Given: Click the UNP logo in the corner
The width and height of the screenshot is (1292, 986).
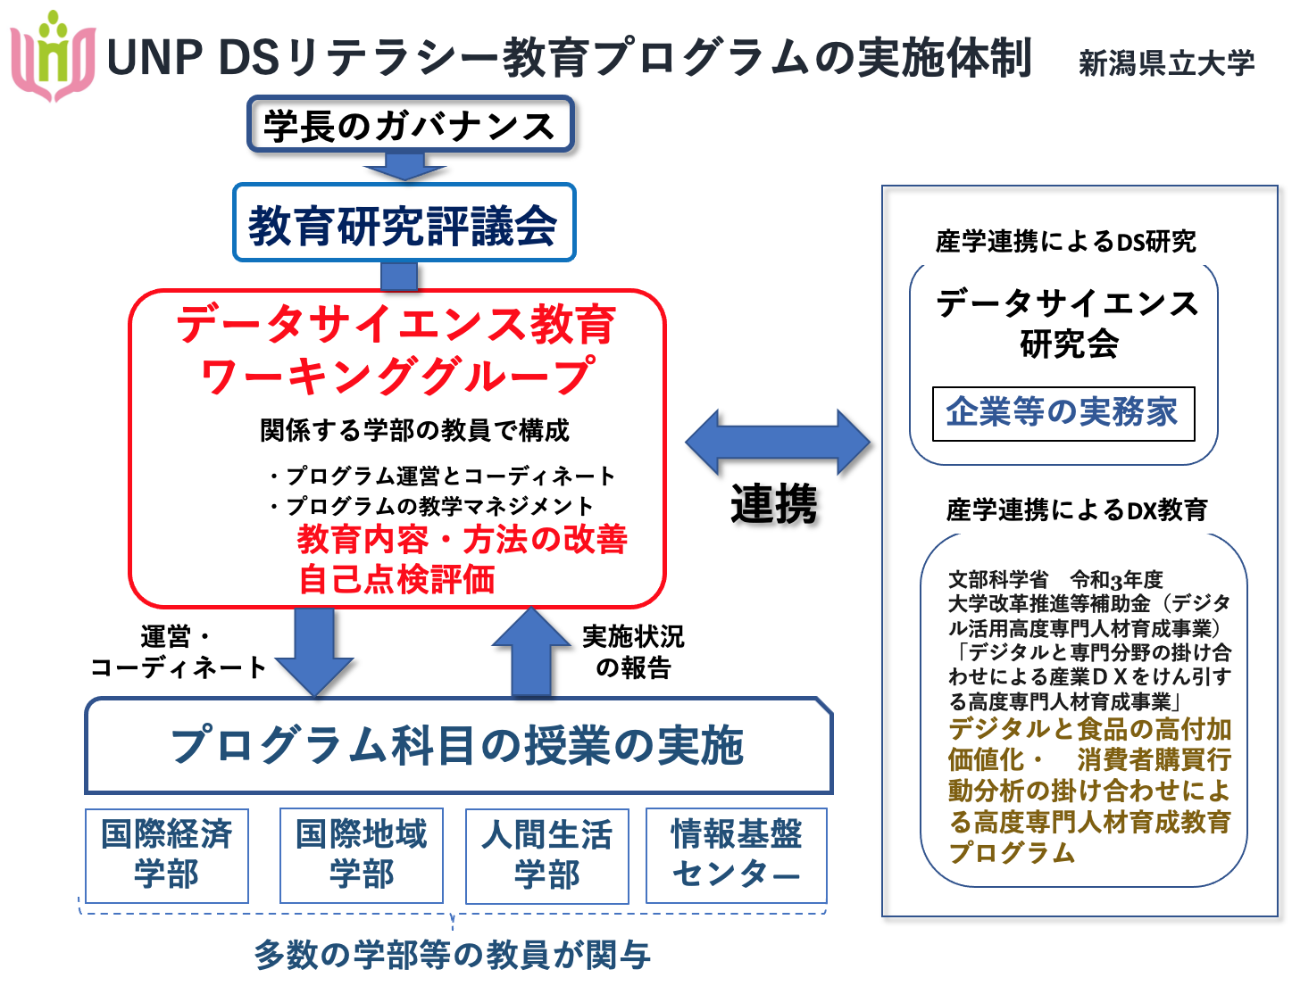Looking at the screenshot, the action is (53, 56).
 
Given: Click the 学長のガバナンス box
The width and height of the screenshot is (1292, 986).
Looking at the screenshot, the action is (410, 124).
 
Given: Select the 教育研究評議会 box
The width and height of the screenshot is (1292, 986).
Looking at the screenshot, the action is (404, 222).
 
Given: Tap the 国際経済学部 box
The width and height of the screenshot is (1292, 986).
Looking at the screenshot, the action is (167, 856).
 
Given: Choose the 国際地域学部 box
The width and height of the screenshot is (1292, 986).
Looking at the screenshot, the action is (362, 856).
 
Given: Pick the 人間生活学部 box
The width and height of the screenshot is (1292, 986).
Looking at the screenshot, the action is (546, 856).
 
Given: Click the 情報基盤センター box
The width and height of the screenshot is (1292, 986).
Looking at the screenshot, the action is (737, 856).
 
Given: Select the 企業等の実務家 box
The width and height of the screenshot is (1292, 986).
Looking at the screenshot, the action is (1063, 413).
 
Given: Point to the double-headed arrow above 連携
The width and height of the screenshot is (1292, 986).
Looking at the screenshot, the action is (778, 443).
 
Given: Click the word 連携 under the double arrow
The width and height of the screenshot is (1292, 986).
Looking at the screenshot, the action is (773, 503).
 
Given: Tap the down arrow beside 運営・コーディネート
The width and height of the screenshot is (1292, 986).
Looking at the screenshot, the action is (314, 651).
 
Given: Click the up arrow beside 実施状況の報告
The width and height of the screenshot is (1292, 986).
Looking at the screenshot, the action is (531, 651).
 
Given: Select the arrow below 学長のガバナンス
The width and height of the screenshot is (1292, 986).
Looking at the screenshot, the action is (405, 166).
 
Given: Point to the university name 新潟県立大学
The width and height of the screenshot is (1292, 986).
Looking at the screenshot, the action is (1167, 62).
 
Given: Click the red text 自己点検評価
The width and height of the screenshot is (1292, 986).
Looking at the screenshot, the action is (396, 580).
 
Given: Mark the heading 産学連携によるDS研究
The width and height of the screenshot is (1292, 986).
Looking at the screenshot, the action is (1065, 241).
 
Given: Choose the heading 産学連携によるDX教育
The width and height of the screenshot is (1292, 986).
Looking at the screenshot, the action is (1077, 510).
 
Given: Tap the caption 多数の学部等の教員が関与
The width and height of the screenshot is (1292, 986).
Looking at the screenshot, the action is (452, 954).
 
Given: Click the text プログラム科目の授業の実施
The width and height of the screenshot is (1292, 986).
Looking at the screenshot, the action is (457, 745).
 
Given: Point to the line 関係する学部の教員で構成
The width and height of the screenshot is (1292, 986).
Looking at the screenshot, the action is (414, 430).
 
